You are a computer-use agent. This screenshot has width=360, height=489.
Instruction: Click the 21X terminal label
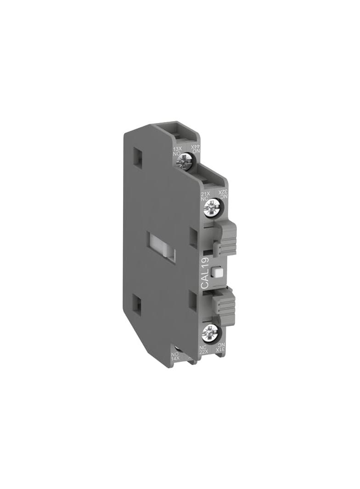click(x=206, y=194)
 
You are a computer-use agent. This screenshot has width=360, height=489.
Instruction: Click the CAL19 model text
click(x=205, y=273)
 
